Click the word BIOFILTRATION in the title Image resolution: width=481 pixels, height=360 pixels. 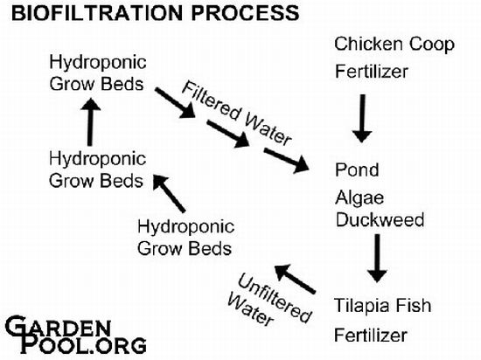[x=99, y=13]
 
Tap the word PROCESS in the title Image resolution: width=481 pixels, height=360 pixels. [x=246, y=13]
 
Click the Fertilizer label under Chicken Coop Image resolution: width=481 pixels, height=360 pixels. [x=372, y=72]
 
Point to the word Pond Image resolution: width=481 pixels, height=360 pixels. [x=357, y=170]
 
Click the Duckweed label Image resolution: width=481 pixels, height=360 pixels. [x=380, y=219]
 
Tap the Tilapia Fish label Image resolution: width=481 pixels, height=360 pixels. [x=383, y=305]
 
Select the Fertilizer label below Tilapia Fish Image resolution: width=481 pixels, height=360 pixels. [x=371, y=336]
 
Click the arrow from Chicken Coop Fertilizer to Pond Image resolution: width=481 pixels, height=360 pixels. [x=362, y=119]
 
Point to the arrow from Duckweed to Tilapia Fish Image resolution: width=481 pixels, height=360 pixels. [x=377, y=258]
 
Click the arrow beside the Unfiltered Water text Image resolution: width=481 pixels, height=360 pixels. [x=295, y=279]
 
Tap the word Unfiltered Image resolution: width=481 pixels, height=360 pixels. [x=275, y=298]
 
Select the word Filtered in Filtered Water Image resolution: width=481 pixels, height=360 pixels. [x=212, y=101]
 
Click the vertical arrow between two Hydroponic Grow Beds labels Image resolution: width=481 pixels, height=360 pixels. [x=90, y=121]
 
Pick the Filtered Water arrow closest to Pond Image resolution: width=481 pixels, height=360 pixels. [x=287, y=160]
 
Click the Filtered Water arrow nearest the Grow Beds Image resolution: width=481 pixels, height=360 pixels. [x=175, y=102]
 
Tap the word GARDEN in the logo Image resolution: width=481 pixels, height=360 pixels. [x=58, y=327]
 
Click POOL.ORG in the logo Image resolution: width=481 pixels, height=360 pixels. [x=83, y=345]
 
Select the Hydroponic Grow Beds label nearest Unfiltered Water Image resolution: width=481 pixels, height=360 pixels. [x=186, y=238]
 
